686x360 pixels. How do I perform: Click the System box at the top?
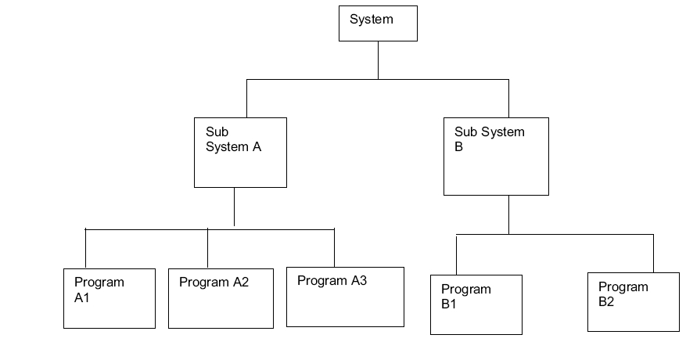378,23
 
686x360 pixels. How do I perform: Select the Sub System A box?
240,153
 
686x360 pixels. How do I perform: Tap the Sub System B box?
496,157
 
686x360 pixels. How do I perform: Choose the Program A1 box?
110,298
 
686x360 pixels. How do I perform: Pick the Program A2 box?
221,298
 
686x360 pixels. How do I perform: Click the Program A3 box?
345,297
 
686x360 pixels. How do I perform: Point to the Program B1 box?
476,304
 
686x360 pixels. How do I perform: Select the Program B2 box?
633,302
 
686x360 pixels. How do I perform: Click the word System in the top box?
372,19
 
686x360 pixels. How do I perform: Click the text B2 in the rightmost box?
606,301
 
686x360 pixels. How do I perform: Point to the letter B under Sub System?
459,146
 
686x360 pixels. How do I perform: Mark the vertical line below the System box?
378,59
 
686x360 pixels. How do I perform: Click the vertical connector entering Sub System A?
246,98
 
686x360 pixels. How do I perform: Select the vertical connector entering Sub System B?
508,98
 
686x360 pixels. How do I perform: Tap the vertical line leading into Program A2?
207,249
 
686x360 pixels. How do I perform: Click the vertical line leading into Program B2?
653,254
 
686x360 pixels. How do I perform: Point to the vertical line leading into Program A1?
85,249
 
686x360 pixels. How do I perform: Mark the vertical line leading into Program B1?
456,254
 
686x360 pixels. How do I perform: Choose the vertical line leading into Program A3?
334,248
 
